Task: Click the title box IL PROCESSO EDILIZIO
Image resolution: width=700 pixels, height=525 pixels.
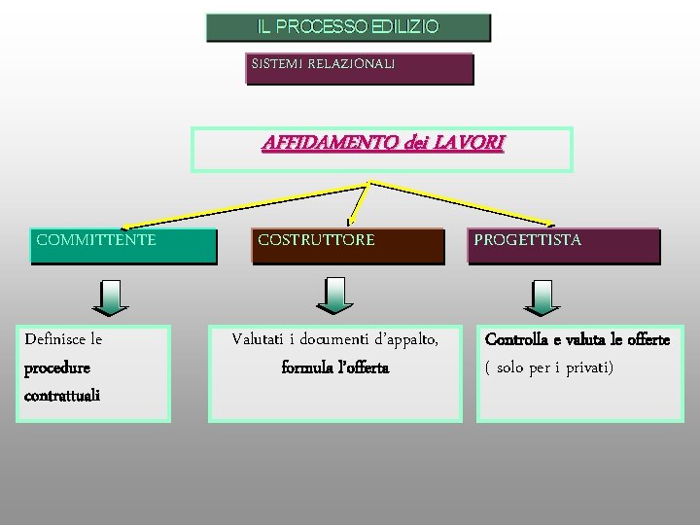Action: click(348, 27)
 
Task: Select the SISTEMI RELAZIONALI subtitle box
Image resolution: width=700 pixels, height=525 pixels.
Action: click(359, 68)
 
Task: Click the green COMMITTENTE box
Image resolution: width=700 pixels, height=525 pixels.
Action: click(122, 246)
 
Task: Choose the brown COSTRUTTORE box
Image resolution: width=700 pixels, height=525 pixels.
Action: click(347, 246)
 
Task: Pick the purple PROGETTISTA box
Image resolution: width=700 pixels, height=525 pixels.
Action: click(565, 246)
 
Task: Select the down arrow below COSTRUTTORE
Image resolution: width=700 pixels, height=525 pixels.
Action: click(335, 296)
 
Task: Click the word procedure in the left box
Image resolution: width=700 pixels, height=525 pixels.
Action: click(57, 368)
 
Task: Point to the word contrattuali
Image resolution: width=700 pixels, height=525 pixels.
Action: click(62, 396)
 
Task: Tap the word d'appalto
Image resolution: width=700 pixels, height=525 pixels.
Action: click(402, 339)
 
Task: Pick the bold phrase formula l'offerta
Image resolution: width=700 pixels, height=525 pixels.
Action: click(334, 367)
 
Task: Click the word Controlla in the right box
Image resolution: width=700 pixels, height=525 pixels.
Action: click(518, 339)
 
